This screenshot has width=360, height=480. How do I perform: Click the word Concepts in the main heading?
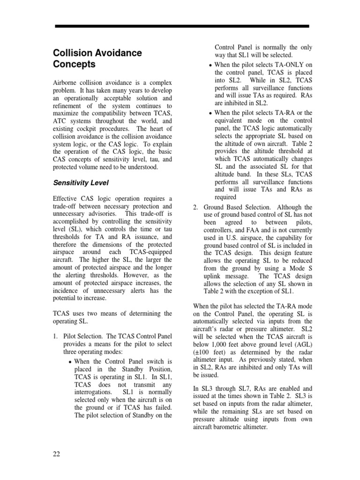coord(74,64)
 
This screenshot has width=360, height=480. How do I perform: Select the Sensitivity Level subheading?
coord(82,182)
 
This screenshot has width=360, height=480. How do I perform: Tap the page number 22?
coord(56,454)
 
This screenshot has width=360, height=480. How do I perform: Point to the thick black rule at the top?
coord(182,26)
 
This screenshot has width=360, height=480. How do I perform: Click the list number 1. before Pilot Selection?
coord(55,337)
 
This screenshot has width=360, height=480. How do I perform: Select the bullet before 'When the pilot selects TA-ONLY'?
coord(211,65)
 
